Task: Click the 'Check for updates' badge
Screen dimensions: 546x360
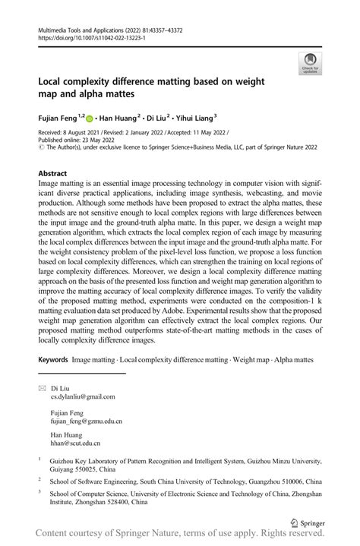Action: click(x=310, y=63)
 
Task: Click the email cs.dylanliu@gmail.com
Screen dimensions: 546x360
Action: click(x=83, y=396)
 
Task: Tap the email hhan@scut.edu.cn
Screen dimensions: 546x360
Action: click(x=75, y=443)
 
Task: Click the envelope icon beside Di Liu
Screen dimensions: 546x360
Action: click(x=42, y=387)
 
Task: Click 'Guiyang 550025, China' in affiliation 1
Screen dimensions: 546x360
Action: click(x=87, y=470)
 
